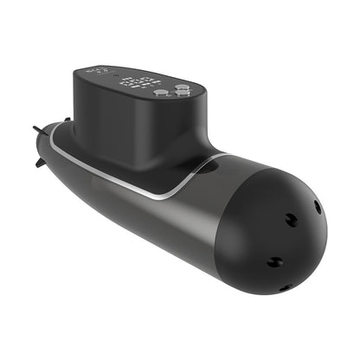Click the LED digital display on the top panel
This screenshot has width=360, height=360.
coord(138,83)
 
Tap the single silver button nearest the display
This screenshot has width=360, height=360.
coord(161,92)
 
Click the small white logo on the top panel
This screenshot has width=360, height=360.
coord(99,70)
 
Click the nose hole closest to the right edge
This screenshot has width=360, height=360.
coord(317,208)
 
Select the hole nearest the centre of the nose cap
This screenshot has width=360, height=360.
coord(292,221)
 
